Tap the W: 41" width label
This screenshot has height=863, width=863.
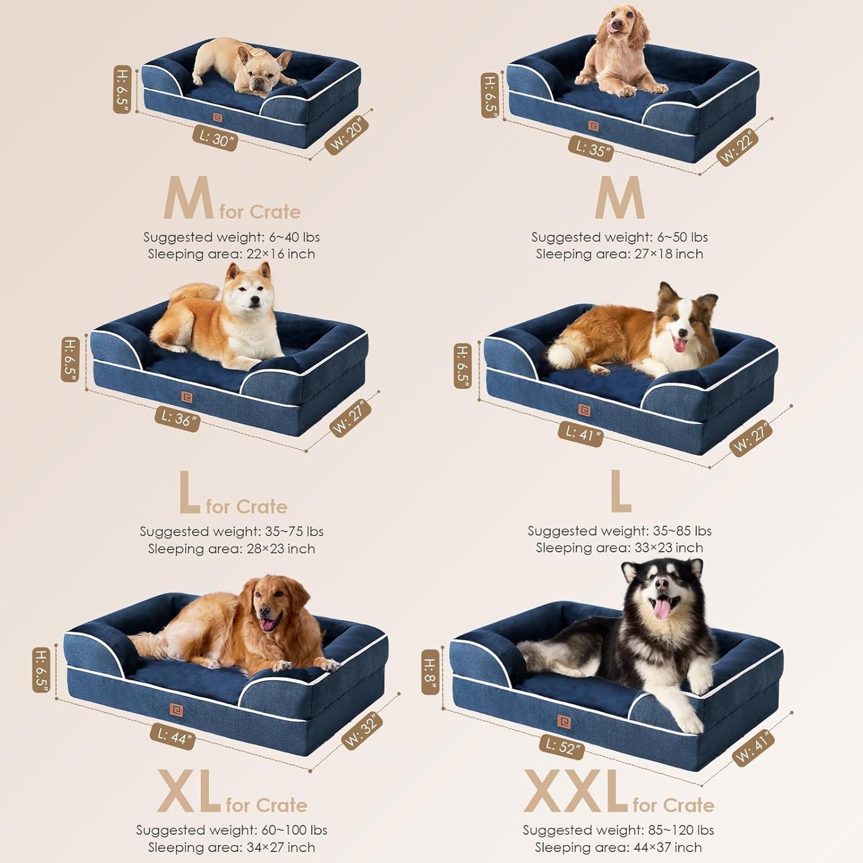(753, 747)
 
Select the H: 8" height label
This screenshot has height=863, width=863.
(430, 672)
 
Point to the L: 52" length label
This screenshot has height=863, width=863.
(561, 747)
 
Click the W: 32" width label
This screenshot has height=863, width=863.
(362, 730)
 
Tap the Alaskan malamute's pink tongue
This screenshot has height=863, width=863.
(662, 609)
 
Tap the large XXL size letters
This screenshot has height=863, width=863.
(575, 791)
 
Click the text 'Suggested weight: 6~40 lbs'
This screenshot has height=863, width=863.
(231, 237)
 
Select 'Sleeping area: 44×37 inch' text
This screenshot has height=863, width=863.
(618, 847)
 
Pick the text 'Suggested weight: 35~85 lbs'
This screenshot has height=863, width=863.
(619, 531)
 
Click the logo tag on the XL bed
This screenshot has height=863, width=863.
(176, 710)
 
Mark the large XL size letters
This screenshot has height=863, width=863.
(189, 791)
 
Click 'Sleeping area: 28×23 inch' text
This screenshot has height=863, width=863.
(231, 548)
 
